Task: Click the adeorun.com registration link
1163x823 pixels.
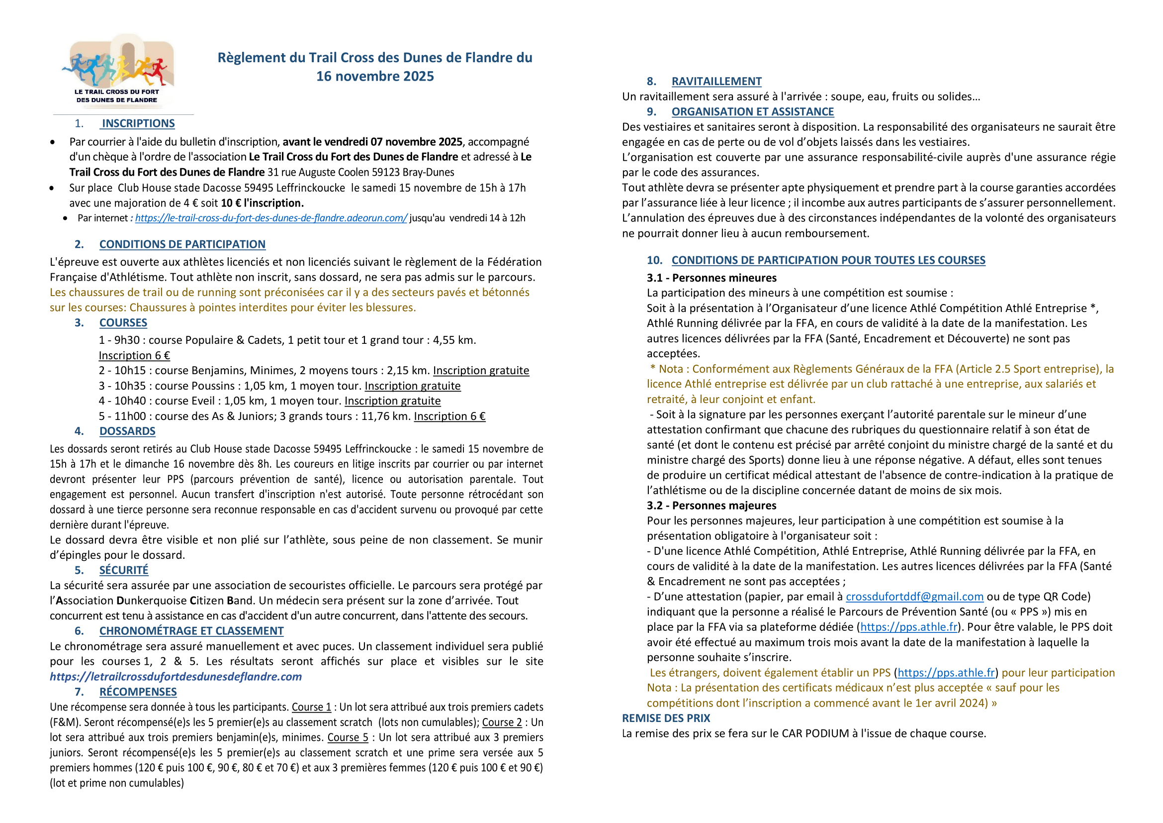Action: [x=271, y=218]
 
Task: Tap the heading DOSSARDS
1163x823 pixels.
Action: [x=127, y=431]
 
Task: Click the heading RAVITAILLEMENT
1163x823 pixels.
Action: [x=716, y=81]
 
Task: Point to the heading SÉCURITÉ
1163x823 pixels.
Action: [x=124, y=570]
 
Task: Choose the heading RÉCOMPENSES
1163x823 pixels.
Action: [x=138, y=692]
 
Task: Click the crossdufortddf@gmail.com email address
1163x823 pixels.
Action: [x=914, y=597]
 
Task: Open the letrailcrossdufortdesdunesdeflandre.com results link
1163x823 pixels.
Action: [x=176, y=677]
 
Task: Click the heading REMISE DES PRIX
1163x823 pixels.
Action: [x=666, y=718]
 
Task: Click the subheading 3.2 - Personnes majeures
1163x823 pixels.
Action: [x=711, y=505]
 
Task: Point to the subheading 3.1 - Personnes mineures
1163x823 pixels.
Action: [x=711, y=278]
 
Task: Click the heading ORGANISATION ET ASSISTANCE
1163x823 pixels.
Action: [x=753, y=111]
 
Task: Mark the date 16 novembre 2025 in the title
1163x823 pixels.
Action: [x=375, y=77]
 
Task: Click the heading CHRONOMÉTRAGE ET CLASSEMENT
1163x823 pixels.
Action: [x=191, y=631]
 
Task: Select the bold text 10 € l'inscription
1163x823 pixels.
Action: [x=263, y=203]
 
